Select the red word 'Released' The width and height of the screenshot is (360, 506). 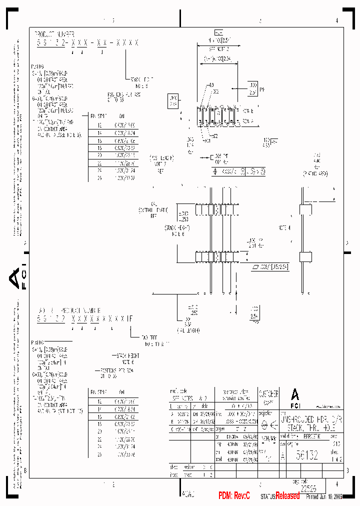click(x=287, y=495)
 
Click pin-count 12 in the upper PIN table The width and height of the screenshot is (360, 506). click(x=99, y=125)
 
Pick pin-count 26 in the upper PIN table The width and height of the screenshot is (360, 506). click(x=99, y=177)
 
